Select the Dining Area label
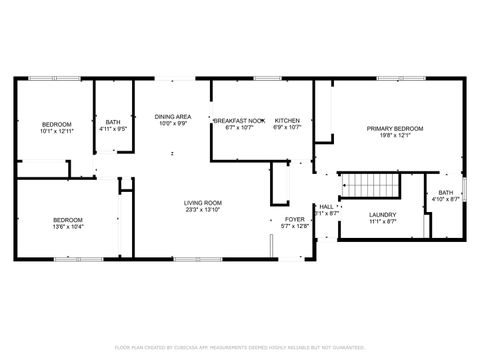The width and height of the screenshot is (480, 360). pyautogui.click(x=172, y=117)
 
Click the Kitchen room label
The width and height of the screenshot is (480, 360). pyautogui.click(x=288, y=120)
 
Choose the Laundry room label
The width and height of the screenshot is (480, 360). pyautogui.click(x=382, y=214)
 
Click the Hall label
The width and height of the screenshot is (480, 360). pyautogui.click(x=326, y=206)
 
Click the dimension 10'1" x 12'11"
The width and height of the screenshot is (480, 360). pyautogui.click(x=56, y=131)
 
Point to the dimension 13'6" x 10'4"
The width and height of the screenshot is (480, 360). pyautogui.click(x=68, y=227)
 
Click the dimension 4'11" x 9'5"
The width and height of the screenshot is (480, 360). pyautogui.click(x=112, y=129)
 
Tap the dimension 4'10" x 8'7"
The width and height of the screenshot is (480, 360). pyautogui.click(x=445, y=199)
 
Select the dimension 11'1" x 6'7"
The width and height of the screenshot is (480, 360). pyautogui.click(x=382, y=222)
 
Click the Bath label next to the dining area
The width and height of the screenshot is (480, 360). pyautogui.click(x=112, y=122)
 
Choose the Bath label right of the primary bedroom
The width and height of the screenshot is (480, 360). pyautogui.click(x=445, y=192)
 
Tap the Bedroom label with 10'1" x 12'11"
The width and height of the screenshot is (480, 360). pyautogui.click(x=56, y=124)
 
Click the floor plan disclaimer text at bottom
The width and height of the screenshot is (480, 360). pyautogui.click(x=240, y=347)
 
